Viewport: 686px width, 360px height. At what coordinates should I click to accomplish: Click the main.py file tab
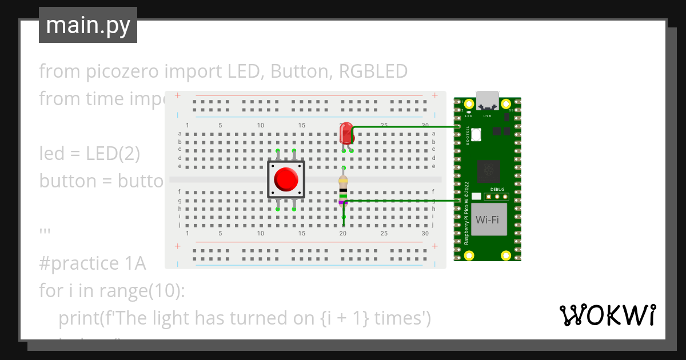(x=87, y=25)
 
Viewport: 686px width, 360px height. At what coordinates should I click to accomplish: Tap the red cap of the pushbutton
(x=286, y=179)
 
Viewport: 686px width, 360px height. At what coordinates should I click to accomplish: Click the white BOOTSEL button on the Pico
(x=477, y=134)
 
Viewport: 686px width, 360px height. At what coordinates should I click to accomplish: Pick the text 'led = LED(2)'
(x=89, y=154)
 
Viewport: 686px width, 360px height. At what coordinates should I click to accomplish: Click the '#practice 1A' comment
(x=93, y=263)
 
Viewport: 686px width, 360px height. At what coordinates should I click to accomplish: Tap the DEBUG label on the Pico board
(x=497, y=189)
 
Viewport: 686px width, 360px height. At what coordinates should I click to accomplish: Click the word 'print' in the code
(x=78, y=318)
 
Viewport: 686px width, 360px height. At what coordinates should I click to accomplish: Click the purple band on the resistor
(x=343, y=202)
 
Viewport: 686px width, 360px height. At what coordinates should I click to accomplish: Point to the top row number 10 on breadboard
(x=261, y=126)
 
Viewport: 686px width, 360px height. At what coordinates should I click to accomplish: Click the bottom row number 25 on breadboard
(x=384, y=234)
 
